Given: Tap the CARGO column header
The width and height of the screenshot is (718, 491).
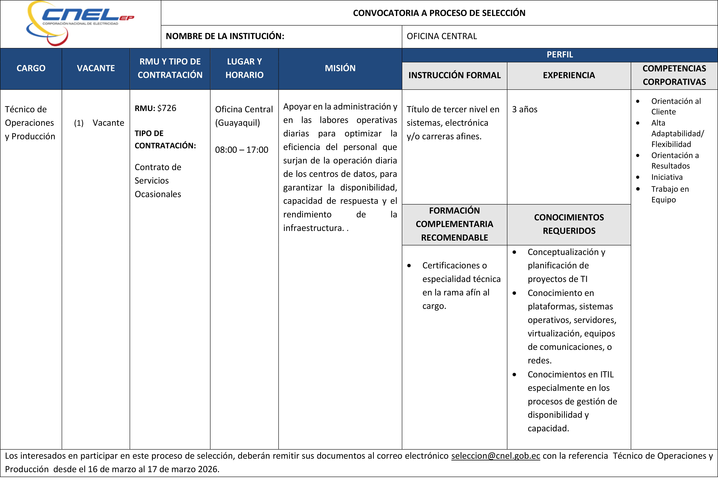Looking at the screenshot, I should pos(31,68).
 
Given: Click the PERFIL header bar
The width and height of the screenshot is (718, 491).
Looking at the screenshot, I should pos(560,55).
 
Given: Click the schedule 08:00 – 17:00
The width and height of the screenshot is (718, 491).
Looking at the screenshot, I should pos(242,150).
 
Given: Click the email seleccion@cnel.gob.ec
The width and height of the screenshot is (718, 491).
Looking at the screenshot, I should pos(496,456).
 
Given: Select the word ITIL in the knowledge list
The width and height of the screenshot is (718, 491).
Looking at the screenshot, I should pos(607,374).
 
